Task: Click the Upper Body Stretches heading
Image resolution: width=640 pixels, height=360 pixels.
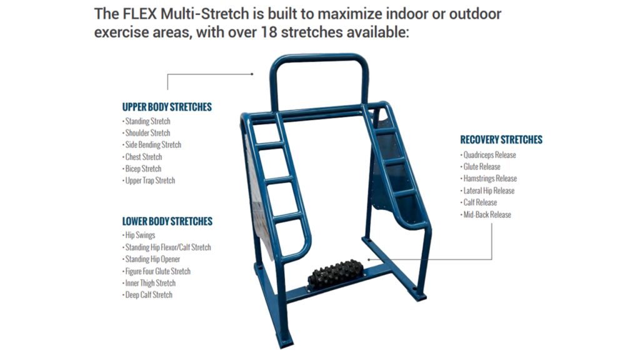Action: (167, 107)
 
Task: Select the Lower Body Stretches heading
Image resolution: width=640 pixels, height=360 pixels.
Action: (167, 221)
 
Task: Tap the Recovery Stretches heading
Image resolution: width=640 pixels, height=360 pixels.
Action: (501, 139)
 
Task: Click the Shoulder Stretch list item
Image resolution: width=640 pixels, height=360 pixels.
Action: (147, 133)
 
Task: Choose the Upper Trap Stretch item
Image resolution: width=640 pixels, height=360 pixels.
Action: (150, 181)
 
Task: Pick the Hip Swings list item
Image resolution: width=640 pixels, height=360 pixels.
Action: (140, 236)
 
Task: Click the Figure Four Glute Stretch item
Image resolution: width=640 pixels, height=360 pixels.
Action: (157, 271)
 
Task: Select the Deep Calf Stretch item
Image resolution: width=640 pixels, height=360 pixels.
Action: (148, 295)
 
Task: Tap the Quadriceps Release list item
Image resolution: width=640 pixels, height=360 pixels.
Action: (489, 155)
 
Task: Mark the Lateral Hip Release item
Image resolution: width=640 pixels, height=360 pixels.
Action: (489, 191)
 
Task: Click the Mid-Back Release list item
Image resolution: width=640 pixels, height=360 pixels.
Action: (487, 214)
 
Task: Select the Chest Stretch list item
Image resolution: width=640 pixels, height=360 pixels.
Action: (143, 157)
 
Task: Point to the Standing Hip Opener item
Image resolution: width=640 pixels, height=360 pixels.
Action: (152, 259)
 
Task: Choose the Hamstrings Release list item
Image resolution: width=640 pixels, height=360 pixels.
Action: (490, 179)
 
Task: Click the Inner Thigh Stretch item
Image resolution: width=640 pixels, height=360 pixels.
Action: (150, 283)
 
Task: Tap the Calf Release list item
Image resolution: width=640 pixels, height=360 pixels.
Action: (480, 202)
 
